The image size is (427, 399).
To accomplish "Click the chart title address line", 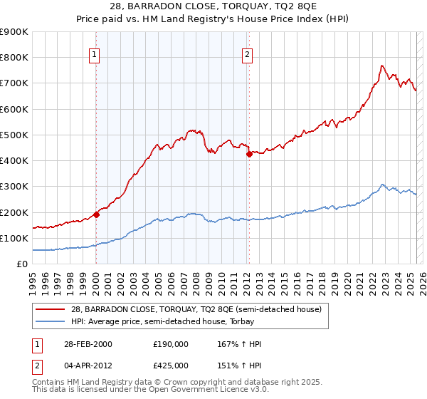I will (x=213, y=8).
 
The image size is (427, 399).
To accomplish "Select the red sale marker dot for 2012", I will (x=249, y=154).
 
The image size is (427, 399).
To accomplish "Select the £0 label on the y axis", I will (x=21, y=264).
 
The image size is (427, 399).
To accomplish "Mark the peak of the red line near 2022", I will (x=381, y=66).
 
